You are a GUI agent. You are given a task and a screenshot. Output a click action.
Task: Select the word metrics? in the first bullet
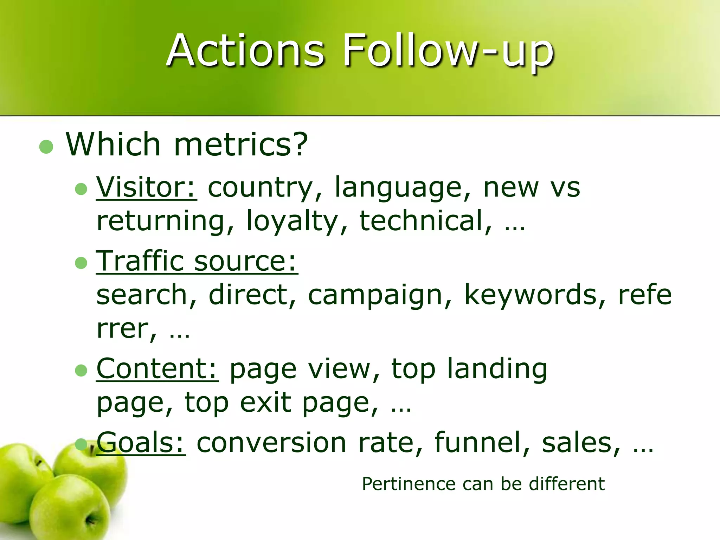coord(241,144)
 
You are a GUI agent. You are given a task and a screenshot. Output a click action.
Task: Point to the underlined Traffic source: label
coord(197,261)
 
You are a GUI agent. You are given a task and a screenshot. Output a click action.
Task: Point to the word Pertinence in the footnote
coord(409,484)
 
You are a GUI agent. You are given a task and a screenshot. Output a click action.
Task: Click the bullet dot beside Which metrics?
coord(46,147)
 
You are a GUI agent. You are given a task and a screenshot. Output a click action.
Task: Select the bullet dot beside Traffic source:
coord(81,263)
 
